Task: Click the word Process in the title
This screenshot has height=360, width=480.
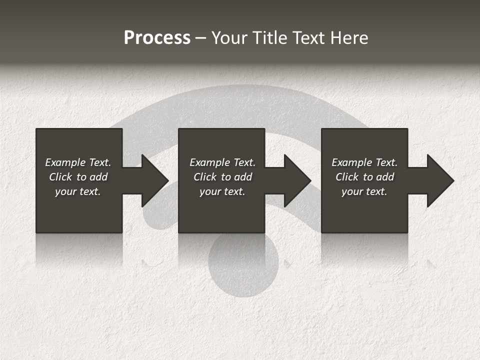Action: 157,38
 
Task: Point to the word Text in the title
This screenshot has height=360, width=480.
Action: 307,38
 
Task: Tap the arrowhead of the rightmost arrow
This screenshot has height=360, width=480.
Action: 439,180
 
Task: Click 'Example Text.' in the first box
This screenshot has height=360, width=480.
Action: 78,162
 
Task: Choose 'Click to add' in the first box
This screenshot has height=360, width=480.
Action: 78,177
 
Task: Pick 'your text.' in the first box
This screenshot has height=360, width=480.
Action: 78,191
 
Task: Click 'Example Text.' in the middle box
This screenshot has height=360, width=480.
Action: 222,162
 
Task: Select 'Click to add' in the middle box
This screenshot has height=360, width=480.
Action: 222,177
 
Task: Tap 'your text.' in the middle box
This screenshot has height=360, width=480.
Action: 222,191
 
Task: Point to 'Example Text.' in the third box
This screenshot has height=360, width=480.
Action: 364,162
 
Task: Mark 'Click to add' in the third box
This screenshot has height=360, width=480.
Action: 364,177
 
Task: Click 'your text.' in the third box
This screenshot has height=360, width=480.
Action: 364,191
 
